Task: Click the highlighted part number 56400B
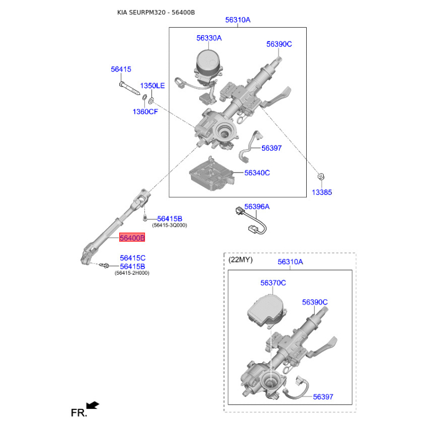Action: (132, 237)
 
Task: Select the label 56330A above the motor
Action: (209, 38)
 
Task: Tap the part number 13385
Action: (322, 192)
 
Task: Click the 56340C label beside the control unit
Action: (257, 173)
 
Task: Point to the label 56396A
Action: (257, 207)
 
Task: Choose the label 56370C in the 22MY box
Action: (273, 283)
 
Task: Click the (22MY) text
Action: (241, 260)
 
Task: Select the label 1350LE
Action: (152, 86)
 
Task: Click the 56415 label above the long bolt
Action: (121, 69)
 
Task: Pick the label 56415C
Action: (133, 258)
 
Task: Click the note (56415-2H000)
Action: (132, 273)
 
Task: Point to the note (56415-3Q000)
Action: (169, 225)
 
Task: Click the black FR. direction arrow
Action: (93, 406)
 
